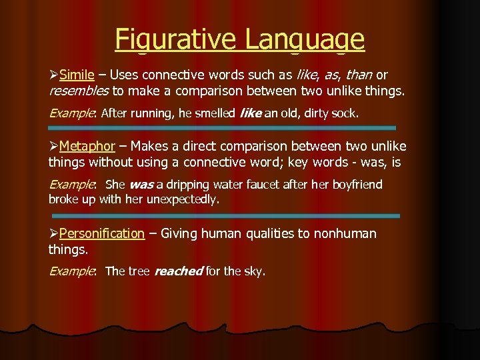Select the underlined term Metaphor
tap(87, 146)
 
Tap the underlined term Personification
tap(101, 233)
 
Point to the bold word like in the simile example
tap(250, 114)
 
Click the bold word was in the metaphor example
tap(141, 185)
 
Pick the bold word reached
tap(178, 271)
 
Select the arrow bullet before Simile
tap(53, 74)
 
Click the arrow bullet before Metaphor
tap(53, 146)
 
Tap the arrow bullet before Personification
tap(53, 233)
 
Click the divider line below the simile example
tap(222, 127)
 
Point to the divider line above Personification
tap(225, 216)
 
